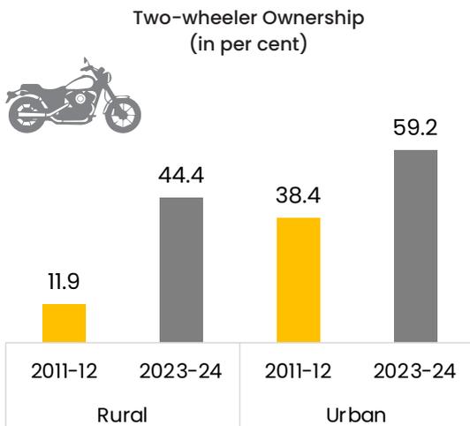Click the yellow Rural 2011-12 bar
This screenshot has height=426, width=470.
pos(64,323)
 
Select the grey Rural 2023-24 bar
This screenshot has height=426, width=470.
pos(181,270)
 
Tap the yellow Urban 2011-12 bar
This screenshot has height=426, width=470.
pos(299,279)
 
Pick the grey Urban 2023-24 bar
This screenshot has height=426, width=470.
pos(416,246)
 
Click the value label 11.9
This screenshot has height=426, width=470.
pos(64,282)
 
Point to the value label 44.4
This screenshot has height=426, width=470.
pos(181,175)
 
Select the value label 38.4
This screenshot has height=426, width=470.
pos(299,195)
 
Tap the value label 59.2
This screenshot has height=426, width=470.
pos(415,127)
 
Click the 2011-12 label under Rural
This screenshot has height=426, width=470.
pos(64,371)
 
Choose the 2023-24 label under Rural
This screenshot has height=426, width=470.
pos(181,371)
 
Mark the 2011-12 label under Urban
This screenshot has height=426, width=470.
pos(299,371)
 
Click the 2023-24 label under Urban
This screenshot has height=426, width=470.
pos(415,371)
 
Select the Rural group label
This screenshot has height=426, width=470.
pos(122,415)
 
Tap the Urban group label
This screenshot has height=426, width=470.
pos(356,415)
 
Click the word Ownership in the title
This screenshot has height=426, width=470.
pos(314,19)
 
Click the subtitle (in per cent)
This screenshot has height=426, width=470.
pos(248,44)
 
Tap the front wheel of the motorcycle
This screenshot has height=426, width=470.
pos(123,115)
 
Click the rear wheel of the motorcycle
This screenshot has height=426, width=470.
pos(27,115)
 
